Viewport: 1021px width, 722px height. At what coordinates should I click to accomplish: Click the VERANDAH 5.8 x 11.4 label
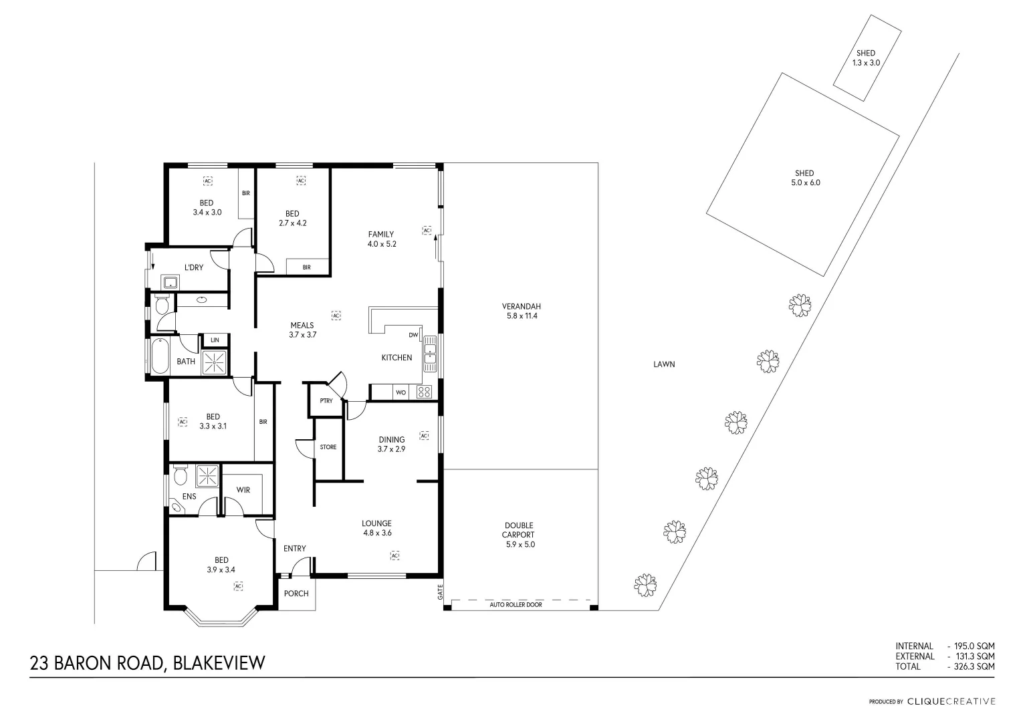click(521, 312)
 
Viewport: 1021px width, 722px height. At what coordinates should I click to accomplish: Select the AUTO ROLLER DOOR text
click(516, 604)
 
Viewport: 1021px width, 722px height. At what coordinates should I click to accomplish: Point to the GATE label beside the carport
click(440, 592)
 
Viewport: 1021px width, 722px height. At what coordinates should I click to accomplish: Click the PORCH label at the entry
click(296, 594)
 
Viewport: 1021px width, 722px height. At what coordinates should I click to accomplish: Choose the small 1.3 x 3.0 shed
click(866, 57)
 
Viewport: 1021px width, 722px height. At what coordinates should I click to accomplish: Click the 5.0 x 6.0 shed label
click(805, 178)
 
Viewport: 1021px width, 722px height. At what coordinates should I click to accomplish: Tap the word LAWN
click(664, 364)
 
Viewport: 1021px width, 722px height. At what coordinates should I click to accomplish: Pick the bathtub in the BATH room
click(160, 356)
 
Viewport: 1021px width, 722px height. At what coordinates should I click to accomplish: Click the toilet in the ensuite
click(179, 476)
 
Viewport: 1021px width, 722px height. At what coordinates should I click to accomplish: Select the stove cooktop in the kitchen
click(425, 392)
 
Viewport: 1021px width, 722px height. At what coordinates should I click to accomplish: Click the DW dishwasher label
click(413, 335)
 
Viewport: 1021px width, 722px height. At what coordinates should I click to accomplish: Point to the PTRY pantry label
click(326, 401)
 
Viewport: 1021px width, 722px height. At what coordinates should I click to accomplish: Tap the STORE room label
click(328, 447)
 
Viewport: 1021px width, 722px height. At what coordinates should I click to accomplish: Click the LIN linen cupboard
click(215, 340)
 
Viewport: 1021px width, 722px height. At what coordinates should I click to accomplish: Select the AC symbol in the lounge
click(394, 556)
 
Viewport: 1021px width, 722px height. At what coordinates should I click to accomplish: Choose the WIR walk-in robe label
click(243, 490)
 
